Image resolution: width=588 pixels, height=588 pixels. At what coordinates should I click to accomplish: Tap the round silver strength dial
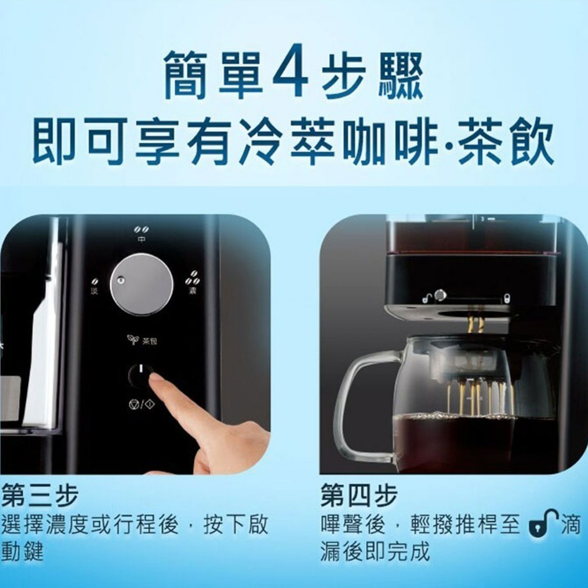[142, 284]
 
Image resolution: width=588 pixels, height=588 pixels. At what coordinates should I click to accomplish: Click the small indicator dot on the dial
[122, 280]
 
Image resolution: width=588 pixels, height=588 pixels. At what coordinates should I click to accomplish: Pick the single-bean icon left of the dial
[94, 283]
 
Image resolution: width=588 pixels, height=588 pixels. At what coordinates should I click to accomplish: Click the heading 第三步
[40, 496]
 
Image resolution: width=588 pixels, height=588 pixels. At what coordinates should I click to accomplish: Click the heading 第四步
[359, 496]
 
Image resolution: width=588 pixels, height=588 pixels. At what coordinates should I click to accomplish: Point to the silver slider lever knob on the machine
[440, 295]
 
